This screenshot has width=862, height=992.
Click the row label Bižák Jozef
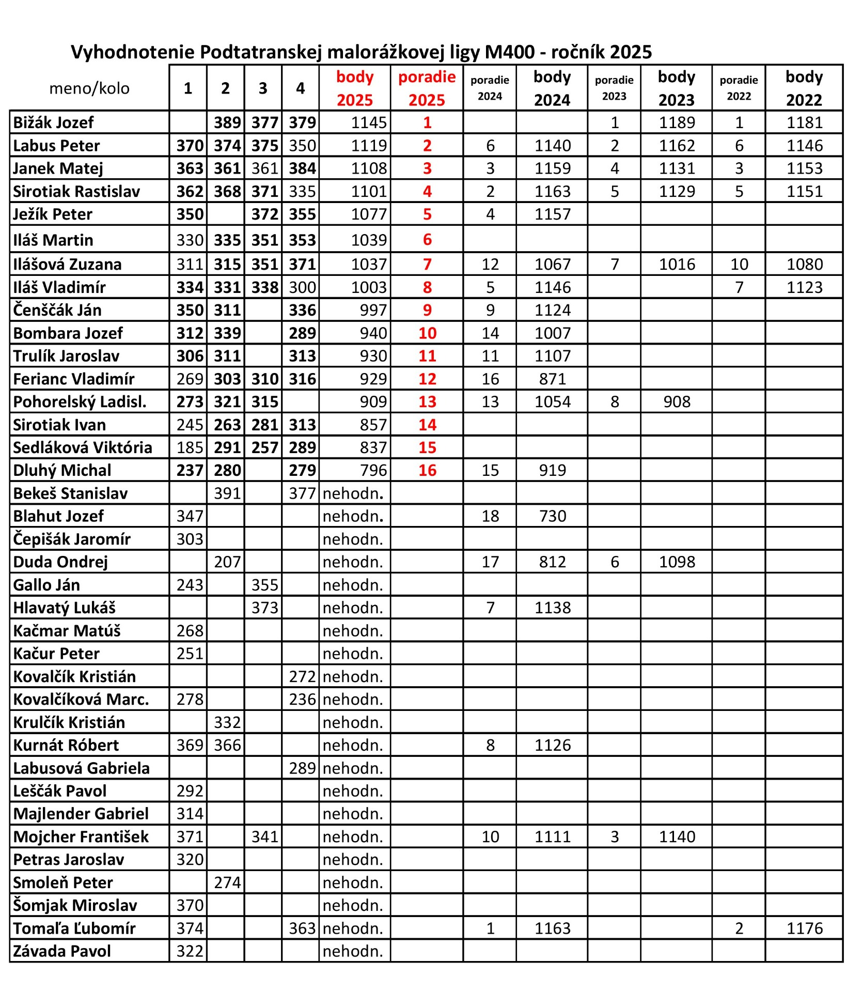[x=54, y=122]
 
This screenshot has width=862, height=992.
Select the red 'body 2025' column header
[x=355, y=88]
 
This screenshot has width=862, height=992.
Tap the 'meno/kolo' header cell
[x=89, y=88]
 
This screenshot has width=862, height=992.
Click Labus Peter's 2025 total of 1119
[x=369, y=146]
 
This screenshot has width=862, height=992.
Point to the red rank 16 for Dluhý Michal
[x=427, y=470]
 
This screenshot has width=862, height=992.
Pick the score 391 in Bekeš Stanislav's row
[x=227, y=493]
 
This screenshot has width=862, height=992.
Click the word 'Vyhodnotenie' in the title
[x=132, y=52]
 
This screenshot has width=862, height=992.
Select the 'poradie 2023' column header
[x=614, y=88]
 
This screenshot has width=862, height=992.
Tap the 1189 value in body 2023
[x=677, y=122]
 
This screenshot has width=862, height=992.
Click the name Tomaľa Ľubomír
[x=74, y=928]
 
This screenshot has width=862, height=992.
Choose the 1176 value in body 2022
[x=804, y=928]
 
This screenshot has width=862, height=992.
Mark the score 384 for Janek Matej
[x=302, y=168]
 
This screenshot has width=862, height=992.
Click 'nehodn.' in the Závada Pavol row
[x=353, y=951]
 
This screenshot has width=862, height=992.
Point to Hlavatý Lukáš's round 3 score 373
[x=264, y=608]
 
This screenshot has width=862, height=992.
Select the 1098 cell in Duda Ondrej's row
[x=677, y=562]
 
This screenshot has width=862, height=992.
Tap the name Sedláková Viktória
[x=83, y=447]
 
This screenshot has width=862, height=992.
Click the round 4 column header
[x=300, y=88]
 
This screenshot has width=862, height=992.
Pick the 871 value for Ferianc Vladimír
[x=552, y=379]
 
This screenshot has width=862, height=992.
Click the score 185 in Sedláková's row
[x=190, y=447]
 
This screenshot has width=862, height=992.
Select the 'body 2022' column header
[x=804, y=88]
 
